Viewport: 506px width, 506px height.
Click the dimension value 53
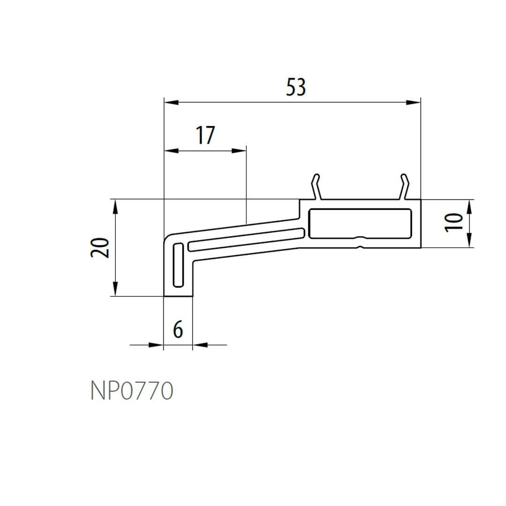(296, 88)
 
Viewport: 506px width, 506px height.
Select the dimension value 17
(205, 135)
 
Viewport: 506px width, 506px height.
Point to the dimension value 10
(454, 222)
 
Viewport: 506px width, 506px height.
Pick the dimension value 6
(178, 330)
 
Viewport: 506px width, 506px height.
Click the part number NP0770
(132, 391)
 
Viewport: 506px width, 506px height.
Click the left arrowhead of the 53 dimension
(171, 102)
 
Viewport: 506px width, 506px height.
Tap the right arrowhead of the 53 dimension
(413, 102)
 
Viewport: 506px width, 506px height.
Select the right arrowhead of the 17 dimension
(239, 151)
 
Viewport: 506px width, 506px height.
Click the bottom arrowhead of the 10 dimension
(470, 241)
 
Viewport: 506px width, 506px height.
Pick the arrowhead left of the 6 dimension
(156, 345)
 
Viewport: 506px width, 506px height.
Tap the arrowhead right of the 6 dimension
(200, 345)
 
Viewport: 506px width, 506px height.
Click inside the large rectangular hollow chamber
(360, 223)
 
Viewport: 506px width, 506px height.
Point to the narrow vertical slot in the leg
(178, 265)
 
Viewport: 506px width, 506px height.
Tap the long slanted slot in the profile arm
(246, 239)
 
